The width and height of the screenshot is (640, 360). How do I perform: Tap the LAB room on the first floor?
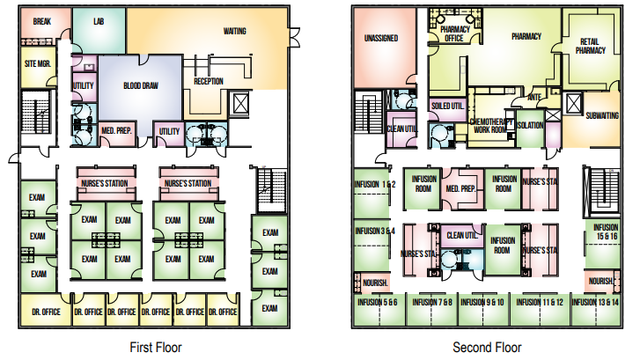[99, 20]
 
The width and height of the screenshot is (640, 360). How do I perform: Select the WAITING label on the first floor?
[234, 31]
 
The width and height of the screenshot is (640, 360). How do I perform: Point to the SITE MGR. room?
[36, 64]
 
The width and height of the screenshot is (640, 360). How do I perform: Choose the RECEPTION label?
[209, 81]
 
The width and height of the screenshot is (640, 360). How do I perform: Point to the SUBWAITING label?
[601, 115]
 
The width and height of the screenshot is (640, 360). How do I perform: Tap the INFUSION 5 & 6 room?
[379, 302]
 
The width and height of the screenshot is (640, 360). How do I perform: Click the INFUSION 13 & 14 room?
[595, 302]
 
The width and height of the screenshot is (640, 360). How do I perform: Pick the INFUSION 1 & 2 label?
[376, 184]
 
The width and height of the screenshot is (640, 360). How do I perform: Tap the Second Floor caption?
[487, 347]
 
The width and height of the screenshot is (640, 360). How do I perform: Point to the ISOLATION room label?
[529, 125]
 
